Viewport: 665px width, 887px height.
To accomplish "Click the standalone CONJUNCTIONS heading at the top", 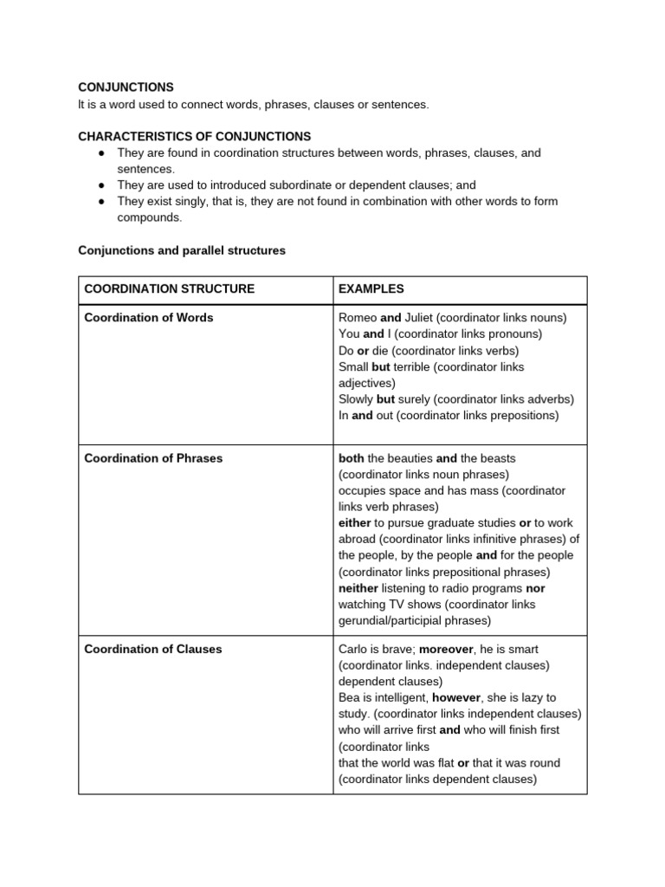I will click(x=126, y=87).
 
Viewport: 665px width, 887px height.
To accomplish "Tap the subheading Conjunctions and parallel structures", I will click(x=182, y=250).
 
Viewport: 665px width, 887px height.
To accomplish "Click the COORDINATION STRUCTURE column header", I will click(x=169, y=288).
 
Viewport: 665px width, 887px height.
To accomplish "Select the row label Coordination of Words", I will click(x=148, y=317).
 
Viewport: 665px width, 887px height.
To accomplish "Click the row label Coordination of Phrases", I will click(x=153, y=457).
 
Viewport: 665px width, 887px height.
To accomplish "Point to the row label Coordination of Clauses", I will click(x=152, y=649).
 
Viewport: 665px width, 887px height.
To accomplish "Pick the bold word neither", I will click(x=358, y=588).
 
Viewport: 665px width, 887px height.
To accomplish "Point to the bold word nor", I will click(x=535, y=588).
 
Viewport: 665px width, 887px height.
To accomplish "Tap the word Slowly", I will click(x=356, y=399).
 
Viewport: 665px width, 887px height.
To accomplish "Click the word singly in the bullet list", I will click(x=187, y=201).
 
